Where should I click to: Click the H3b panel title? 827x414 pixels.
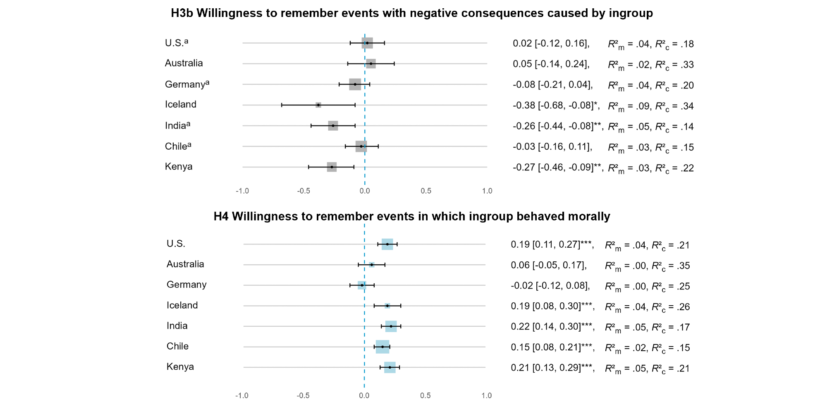coord(412,13)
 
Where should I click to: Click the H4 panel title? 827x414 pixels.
coord(412,216)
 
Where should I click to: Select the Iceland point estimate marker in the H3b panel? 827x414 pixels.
coord(318,105)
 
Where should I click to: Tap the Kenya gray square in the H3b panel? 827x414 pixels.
coord(332,167)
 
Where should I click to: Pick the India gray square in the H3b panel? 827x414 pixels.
coord(333,126)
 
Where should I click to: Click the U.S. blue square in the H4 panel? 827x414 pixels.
coord(387,244)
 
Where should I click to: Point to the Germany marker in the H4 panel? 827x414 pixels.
coord(362,285)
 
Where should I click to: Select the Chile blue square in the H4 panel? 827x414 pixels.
coord(382,347)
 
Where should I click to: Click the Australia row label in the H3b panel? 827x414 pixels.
coord(184,63)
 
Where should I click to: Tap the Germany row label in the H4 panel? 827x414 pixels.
coord(186,285)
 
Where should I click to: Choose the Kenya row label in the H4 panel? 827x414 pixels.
coord(180,367)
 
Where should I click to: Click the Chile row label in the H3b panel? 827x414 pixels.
coord(178,146)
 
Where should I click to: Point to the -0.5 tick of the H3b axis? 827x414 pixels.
coord(304,191)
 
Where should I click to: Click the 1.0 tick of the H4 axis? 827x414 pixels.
coord(487,396)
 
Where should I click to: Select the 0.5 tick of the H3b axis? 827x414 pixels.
coord(426,191)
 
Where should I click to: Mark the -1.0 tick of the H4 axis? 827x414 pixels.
coord(242,396)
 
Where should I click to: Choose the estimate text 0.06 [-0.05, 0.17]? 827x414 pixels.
coord(549,266)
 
